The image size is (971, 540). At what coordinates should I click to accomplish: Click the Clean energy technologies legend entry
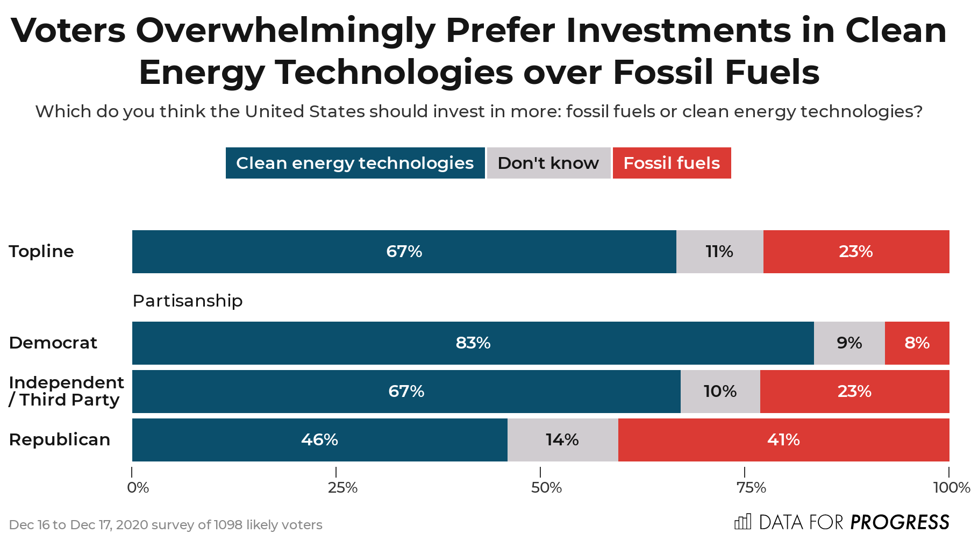[355, 163]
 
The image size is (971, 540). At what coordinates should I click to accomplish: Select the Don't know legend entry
[548, 163]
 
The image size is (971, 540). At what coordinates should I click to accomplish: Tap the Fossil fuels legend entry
[672, 163]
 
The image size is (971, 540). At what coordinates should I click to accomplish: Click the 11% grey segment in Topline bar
[719, 252]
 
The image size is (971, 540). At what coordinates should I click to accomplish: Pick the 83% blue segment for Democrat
[473, 343]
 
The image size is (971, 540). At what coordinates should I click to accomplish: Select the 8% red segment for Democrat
[917, 343]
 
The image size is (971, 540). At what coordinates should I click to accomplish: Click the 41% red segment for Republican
[783, 440]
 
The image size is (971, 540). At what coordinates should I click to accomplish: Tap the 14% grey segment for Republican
[562, 440]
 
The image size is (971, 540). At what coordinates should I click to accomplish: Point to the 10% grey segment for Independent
[720, 392]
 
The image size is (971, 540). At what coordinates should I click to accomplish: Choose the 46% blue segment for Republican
[319, 440]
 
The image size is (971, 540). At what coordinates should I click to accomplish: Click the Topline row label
[41, 252]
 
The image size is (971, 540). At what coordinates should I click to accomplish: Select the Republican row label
[60, 440]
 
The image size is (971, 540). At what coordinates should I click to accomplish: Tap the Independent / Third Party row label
[66, 391]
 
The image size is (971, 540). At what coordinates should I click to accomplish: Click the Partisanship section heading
[188, 301]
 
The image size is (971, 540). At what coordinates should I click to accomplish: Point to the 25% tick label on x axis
[342, 488]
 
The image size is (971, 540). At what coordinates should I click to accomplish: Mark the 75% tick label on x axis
[751, 488]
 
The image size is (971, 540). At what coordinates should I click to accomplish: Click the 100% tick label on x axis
[951, 488]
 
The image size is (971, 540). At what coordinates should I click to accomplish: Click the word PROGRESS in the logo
[899, 522]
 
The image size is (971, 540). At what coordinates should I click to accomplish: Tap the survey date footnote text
[166, 525]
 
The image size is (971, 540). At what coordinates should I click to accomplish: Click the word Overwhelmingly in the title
[285, 31]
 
